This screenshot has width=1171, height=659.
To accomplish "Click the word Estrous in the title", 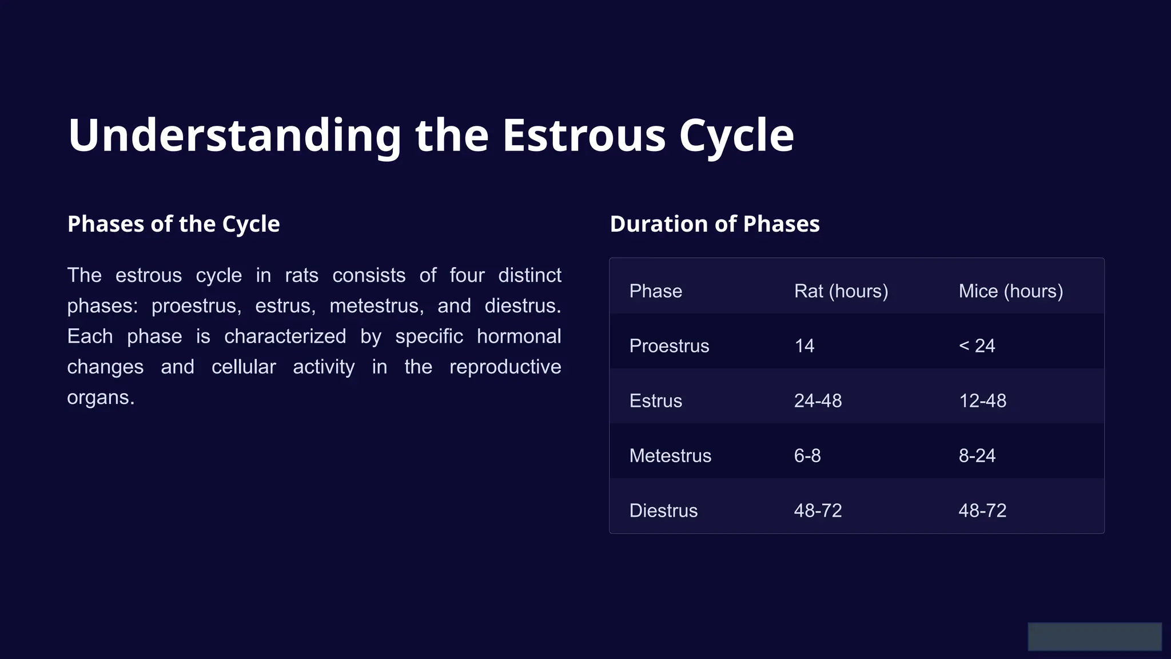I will tap(583, 136).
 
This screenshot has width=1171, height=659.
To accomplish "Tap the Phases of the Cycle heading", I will tap(173, 224).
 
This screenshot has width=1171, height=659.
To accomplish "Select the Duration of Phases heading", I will tap(714, 224).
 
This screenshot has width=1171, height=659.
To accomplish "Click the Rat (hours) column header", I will tap(841, 291).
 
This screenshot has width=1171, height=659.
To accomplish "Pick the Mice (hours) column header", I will tap(1010, 291).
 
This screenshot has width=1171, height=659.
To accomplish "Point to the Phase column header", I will tap(655, 291).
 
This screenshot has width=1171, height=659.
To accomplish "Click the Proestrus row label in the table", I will tap(669, 346).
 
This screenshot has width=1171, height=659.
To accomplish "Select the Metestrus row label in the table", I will tap(670, 456).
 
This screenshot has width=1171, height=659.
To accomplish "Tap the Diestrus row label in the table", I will tap(663, 511).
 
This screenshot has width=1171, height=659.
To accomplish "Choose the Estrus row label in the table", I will tap(655, 401).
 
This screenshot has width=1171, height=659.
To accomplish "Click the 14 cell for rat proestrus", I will tap(804, 346).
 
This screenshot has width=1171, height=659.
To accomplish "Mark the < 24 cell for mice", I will tap(977, 346).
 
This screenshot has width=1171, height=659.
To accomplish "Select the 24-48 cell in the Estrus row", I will tap(818, 401).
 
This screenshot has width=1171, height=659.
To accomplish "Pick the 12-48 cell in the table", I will tap(982, 401).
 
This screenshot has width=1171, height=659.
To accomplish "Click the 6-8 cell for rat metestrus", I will tap(807, 456).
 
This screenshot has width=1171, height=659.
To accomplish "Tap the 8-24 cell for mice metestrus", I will tap(977, 456).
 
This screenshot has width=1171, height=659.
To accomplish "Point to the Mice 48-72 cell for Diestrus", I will tap(982, 511).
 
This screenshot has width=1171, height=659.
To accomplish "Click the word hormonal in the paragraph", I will tap(519, 336).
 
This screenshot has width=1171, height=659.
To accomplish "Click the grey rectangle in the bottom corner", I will tap(1094, 637).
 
